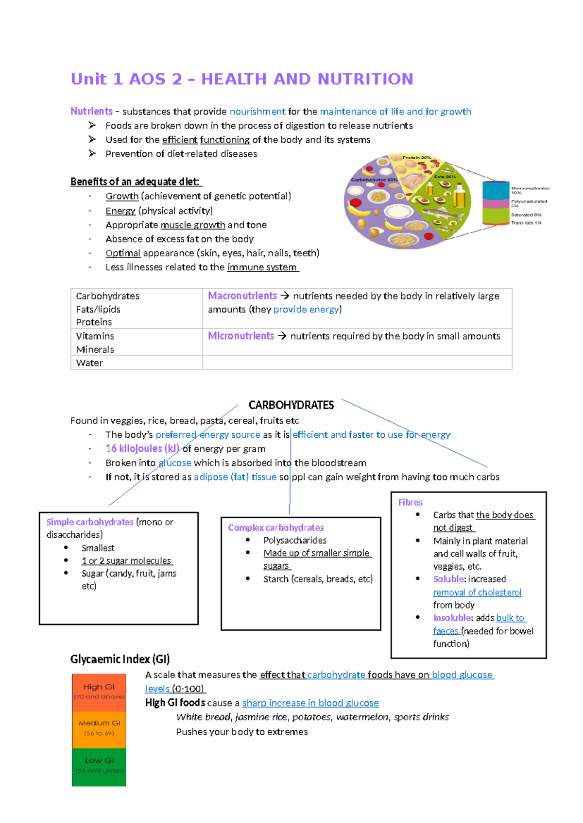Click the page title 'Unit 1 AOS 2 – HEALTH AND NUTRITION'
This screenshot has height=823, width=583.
click(x=242, y=79)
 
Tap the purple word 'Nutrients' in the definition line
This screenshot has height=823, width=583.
click(x=91, y=112)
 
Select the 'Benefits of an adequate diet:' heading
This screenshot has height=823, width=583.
click(x=136, y=182)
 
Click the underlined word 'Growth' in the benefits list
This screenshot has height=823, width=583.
click(x=122, y=196)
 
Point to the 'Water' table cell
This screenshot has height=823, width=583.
click(x=89, y=363)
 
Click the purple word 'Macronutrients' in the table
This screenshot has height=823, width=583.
click(x=242, y=296)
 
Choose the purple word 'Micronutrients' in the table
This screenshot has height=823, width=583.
click(x=240, y=336)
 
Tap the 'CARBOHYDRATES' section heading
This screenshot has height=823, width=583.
click(x=291, y=405)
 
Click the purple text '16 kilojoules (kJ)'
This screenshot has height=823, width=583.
click(x=142, y=449)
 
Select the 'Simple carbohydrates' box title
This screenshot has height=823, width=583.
click(x=90, y=522)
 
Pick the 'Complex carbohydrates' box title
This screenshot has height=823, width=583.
click(x=275, y=527)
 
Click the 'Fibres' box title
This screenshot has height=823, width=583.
click(x=410, y=502)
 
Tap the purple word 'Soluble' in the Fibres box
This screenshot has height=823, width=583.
click(x=448, y=579)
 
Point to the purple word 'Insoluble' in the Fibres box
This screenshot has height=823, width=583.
click(x=452, y=618)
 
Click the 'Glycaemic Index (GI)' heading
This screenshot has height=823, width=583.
click(x=120, y=659)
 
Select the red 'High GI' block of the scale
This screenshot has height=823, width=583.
click(x=99, y=692)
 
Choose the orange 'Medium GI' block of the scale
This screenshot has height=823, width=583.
click(x=99, y=728)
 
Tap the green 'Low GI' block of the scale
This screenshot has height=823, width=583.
click(x=99, y=766)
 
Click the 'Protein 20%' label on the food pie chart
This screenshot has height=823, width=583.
click(x=417, y=158)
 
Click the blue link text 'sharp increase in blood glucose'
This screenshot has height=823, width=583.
click(x=310, y=703)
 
